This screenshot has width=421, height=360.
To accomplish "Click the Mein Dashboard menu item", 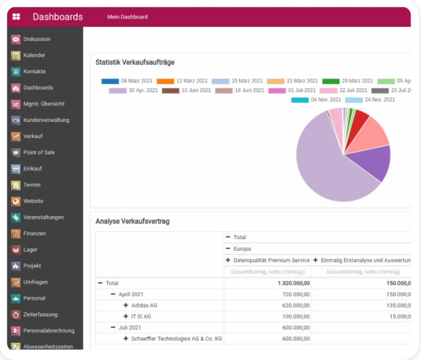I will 127,16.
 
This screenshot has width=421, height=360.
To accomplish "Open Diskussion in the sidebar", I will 37,39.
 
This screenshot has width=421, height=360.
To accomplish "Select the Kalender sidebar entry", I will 34,56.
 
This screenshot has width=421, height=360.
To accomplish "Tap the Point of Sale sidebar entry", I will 39,153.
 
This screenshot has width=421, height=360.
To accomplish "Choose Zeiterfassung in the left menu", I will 40,315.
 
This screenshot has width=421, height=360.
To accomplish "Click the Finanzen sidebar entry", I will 35,234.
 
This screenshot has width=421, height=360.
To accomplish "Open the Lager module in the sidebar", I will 30,250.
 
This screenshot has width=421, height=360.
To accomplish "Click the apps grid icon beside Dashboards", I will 16,16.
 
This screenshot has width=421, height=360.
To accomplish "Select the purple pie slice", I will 371,162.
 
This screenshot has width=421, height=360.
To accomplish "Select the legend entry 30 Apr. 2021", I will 134,90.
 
